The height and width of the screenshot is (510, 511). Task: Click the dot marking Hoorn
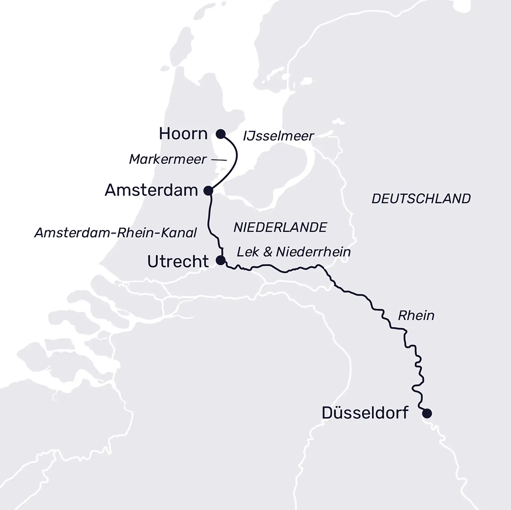coord(221,134)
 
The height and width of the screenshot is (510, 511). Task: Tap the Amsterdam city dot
coord(208,191)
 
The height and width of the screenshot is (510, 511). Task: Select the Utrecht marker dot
coord(221,260)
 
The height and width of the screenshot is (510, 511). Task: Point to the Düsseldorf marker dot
coord(427,413)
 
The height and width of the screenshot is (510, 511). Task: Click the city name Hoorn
coord(183,134)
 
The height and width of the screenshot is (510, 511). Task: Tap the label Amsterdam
coord(151,191)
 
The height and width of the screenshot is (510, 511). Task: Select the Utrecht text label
coord(178,261)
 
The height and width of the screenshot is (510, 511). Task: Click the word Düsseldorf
coord(365,413)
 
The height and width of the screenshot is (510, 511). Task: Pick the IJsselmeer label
coord(278,136)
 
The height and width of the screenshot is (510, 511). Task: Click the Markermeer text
coord(168,159)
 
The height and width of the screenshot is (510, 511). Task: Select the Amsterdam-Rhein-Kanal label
coord(116,233)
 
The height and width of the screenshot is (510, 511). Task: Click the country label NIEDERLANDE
coord(280,227)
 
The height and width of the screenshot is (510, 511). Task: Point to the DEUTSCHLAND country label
coord(421,199)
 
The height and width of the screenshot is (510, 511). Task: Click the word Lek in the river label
coord(248,252)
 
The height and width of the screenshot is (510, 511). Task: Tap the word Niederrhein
coord(313,252)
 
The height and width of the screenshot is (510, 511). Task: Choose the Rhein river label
coord(416,316)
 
